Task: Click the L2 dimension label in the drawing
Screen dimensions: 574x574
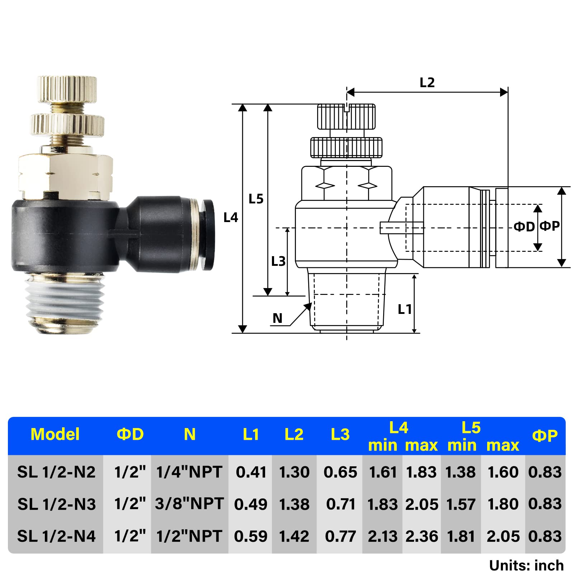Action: pyautogui.click(x=427, y=83)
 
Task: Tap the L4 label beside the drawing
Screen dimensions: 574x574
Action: pyautogui.click(x=231, y=217)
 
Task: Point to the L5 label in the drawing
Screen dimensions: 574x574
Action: pyautogui.click(x=256, y=199)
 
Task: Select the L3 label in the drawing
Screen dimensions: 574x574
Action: pyautogui.click(x=278, y=262)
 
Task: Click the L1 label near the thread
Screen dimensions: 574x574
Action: pyautogui.click(x=405, y=309)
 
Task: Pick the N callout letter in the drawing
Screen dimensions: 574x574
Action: pyautogui.click(x=277, y=318)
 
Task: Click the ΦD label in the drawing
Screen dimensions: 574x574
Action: pyautogui.click(x=524, y=227)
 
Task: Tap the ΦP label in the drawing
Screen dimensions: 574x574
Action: pyautogui.click(x=550, y=226)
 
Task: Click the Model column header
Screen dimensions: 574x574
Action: pyautogui.click(x=55, y=434)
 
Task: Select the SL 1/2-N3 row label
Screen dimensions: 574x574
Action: pyautogui.click(x=57, y=504)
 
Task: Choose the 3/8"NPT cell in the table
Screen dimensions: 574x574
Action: pyautogui.click(x=189, y=504)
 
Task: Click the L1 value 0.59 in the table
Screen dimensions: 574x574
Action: pyautogui.click(x=251, y=536)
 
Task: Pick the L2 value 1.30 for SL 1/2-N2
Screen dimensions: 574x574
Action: pyautogui.click(x=294, y=472)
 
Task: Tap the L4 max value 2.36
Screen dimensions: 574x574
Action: pyautogui.click(x=422, y=536)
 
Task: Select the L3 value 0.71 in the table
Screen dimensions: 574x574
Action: pyautogui.click(x=340, y=504)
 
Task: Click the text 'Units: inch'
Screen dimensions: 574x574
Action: pyautogui.click(x=526, y=566)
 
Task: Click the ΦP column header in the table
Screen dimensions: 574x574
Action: pyautogui.click(x=545, y=436)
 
